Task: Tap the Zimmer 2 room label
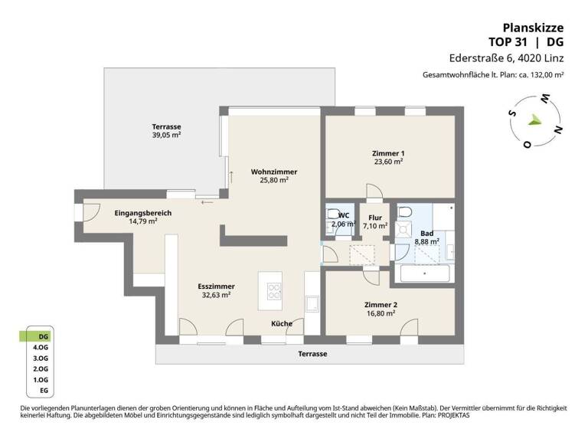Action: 381,304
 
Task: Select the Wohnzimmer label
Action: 273,172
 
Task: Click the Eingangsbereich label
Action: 142,212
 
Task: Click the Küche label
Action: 281,323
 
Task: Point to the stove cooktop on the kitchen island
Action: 274,290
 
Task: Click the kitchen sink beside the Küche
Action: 312,304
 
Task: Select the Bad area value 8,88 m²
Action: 427,241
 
